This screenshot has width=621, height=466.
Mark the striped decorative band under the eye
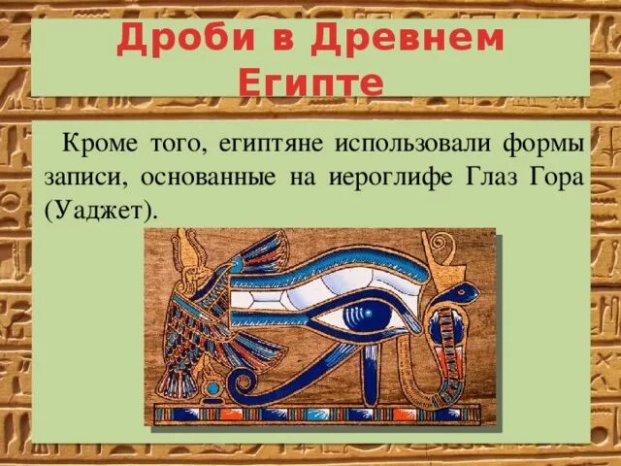320,415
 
